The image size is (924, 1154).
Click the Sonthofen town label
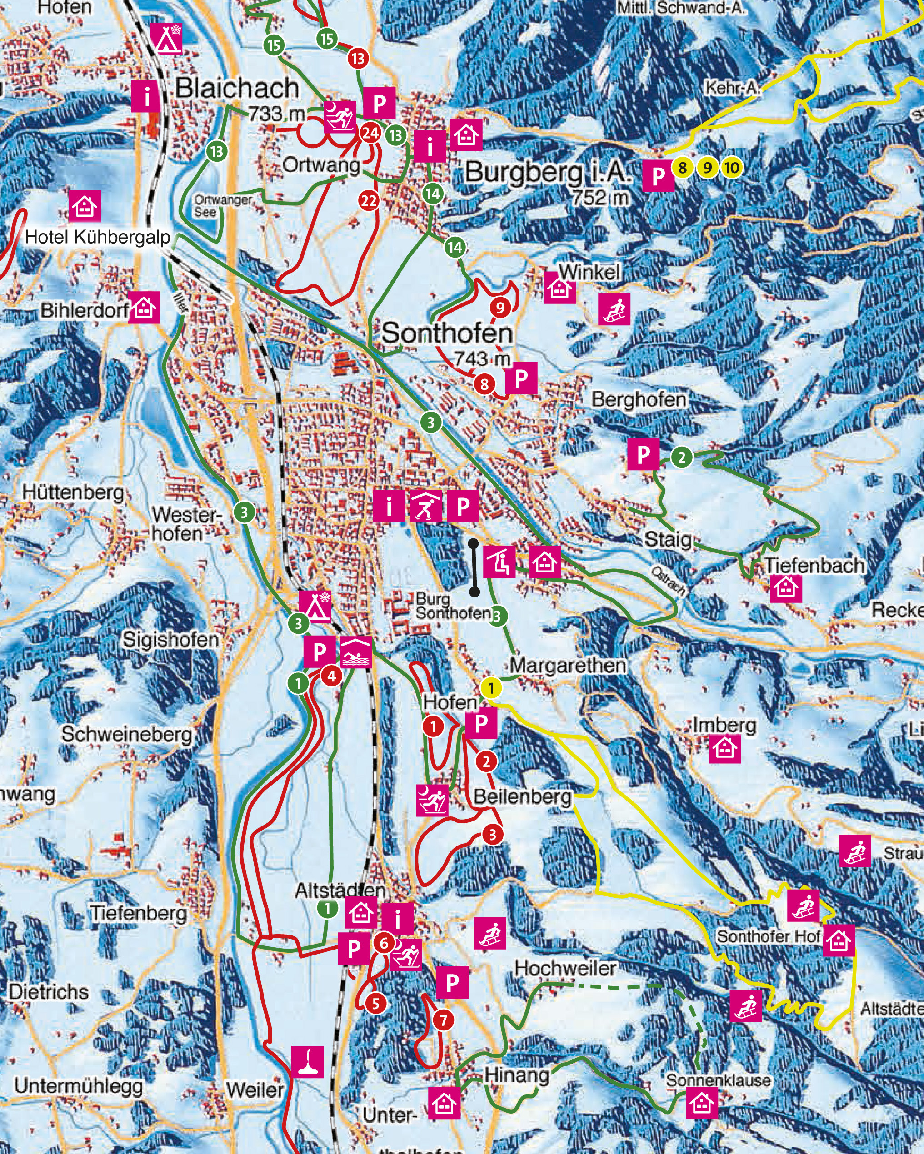[447, 333]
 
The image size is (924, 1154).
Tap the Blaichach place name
[237, 88]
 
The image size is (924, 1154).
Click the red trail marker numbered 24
[370, 132]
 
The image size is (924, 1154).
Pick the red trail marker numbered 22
[368, 201]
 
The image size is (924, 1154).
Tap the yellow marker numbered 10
[731, 168]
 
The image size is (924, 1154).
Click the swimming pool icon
[355, 652]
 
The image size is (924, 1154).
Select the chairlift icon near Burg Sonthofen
[500, 562]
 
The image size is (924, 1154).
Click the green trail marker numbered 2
[681, 457]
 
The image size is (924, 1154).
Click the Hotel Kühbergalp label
[97, 237]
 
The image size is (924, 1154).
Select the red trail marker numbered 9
[500, 307]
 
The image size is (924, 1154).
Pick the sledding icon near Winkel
[614, 309]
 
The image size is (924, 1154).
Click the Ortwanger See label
[222, 205]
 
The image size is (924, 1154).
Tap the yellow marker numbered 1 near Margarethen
[491, 688]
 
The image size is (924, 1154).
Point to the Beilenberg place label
[522, 796]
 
